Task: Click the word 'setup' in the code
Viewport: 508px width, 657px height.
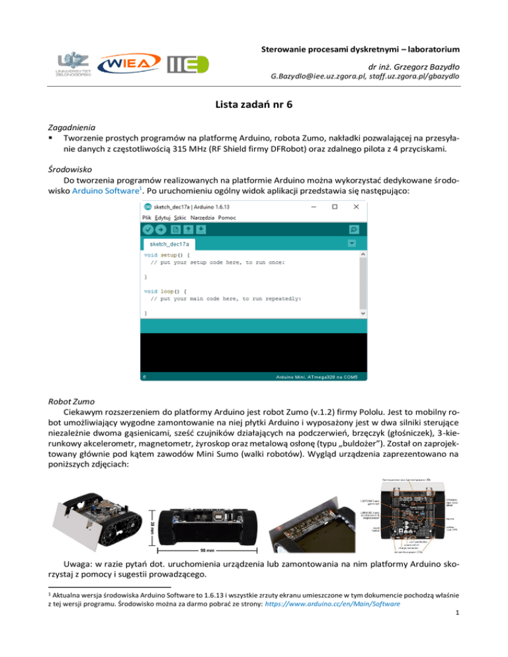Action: (x=169, y=254)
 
